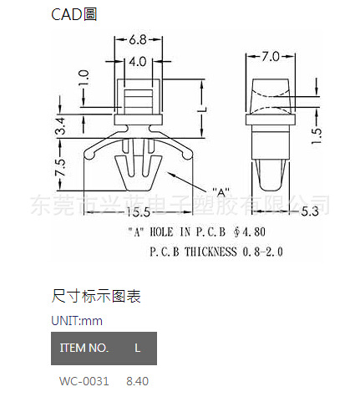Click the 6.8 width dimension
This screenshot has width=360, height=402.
pyautogui.click(x=138, y=40)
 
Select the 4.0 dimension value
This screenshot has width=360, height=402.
pyautogui.click(x=138, y=61)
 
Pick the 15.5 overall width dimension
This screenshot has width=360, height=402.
pyautogui.click(x=140, y=211)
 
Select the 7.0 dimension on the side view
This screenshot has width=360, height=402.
pyautogui.click(x=269, y=57)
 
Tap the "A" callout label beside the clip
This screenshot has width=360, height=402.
pyautogui.click(x=221, y=191)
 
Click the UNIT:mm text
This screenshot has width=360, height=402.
pyautogui.click(x=77, y=320)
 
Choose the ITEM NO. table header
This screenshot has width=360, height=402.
pyautogui.click(x=84, y=348)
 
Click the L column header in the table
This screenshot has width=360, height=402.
pyautogui.click(x=137, y=348)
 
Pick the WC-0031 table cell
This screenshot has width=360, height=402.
pyautogui.click(x=84, y=381)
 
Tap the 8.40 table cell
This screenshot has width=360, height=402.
pyautogui.click(x=137, y=381)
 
